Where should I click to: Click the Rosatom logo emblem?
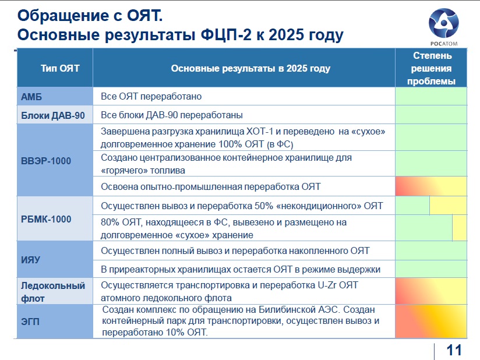(443, 23)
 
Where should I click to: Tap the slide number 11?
(454, 350)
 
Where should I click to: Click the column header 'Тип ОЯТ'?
(60, 68)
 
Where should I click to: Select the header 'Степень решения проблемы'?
(431, 68)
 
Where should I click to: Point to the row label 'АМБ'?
(31, 97)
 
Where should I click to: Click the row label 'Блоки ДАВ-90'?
(52, 115)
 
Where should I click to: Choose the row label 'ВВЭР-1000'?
(46, 161)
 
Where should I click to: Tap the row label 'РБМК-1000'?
(46, 219)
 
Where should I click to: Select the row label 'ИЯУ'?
(30, 260)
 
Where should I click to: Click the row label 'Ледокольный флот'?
(52, 292)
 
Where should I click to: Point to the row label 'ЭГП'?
(30, 322)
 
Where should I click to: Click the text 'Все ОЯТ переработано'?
(151, 97)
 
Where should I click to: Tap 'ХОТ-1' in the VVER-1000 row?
(260, 131)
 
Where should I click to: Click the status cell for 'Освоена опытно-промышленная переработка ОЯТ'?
(431, 186)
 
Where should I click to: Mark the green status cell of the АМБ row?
(431, 97)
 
